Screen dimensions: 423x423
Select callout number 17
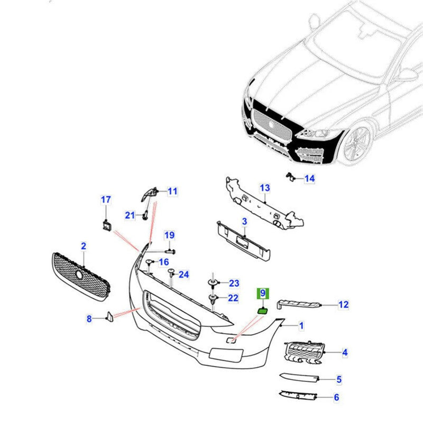(106, 200)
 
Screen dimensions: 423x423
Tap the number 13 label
(264, 188)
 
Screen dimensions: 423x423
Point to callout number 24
(183, 274)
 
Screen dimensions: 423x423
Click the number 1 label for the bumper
(301, 326)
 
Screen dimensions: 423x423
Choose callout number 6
(336, 398)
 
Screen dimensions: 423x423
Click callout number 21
(130, 215)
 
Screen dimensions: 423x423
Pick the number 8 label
(89, 318)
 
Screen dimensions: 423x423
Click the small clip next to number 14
(289, 177)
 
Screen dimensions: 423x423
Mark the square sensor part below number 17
(106, 225)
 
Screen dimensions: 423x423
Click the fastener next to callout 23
(213, 284)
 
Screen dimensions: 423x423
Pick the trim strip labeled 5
(299, 378)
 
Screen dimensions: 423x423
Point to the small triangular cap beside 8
(109, 316)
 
